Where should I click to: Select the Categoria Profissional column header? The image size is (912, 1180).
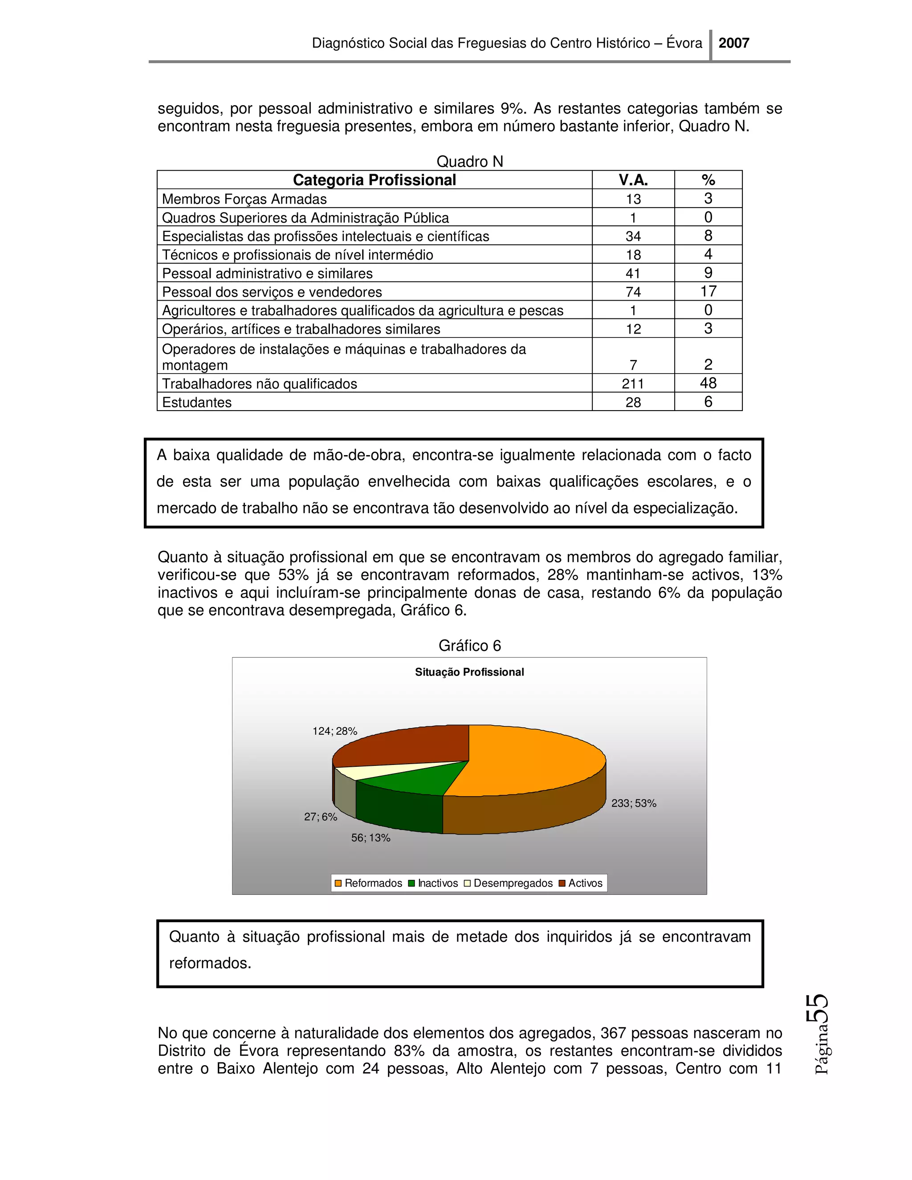pos(374,180)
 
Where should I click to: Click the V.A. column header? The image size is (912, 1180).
pos(633,180)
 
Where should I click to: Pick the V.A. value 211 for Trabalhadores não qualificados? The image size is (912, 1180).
pos(633,383)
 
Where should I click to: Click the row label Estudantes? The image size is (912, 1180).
pos(197,403)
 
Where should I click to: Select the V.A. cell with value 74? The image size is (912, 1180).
pos(633,292)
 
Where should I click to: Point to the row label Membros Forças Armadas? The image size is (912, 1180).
pos(244,199)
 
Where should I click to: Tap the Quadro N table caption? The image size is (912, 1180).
pos(469,162)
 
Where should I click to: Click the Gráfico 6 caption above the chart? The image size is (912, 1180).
pos(469,646)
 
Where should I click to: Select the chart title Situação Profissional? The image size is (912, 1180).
pos(469,672)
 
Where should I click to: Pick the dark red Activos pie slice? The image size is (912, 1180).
pos(411,745)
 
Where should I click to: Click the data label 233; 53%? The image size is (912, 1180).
pos(633,803)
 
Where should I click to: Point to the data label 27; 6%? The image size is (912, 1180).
pos(320,817)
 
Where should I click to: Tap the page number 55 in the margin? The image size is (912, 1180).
pos(817,1009)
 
